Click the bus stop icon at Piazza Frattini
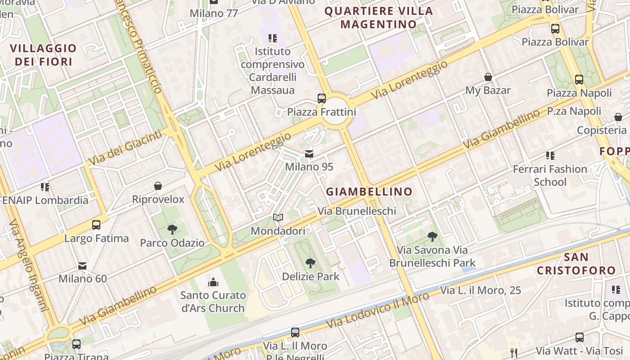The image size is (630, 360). [x=321, y=98]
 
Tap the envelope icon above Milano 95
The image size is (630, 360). [x=309, y=154]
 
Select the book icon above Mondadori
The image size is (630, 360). [x=278, y=218]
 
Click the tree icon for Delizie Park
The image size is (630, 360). [x=310, y=263]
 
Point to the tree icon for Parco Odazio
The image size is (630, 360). [x=172, y=229]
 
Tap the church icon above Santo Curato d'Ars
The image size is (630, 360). [x=213, y=282]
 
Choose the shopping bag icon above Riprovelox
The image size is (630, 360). [x=158, y=186]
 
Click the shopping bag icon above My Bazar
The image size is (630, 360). [x=488, y=77]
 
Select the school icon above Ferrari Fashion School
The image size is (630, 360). [x=550, y=156]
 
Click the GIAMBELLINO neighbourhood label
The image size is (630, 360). [x=369, y=192]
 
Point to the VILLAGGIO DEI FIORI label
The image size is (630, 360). [x=43, y=55]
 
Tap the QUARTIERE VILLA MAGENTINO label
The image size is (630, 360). [x=378, y=18]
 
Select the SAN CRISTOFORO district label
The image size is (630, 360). [x=576, y=264]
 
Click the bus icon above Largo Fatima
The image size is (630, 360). [x=96, y=225]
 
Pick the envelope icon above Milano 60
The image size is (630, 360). [x=82, y=265]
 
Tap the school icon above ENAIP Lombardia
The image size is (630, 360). [x=45, y=187]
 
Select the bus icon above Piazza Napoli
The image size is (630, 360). [x=579, y=80]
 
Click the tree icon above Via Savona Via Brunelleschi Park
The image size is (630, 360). [x=432, y=236]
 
